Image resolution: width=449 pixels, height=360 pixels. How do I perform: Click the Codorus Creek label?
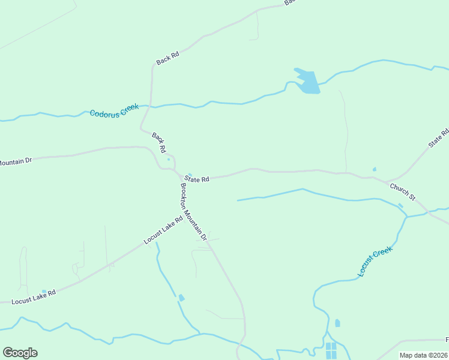click(x=114, y=110)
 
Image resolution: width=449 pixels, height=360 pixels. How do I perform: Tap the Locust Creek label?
click(x=375, y=262)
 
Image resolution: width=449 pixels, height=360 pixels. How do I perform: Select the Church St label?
click(x=402, y=191)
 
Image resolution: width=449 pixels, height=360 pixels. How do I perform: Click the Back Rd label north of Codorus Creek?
click(x=167, y=58)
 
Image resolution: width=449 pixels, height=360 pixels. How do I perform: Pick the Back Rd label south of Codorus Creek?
click(x=159, y=142)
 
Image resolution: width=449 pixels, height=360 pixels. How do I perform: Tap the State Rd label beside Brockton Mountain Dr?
click(x=197, y=179)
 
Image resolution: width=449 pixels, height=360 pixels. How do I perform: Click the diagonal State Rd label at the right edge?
click(x=438, y=139)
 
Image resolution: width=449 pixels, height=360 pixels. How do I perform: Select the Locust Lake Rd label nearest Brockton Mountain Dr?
click(x=163, y=230)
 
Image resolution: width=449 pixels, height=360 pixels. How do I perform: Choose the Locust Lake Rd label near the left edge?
click(x=34, y=296)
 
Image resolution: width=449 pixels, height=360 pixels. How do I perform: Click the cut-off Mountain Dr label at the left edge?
click(x=14, y=161)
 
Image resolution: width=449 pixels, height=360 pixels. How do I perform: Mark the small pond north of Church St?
click(x=375, y=169)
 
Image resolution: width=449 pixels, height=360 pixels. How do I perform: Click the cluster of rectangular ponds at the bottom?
click(x=331, y=350)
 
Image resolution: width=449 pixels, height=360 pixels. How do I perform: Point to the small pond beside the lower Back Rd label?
click(x=169, y=159)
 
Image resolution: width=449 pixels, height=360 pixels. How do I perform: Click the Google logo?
click(x=20, y=353)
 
